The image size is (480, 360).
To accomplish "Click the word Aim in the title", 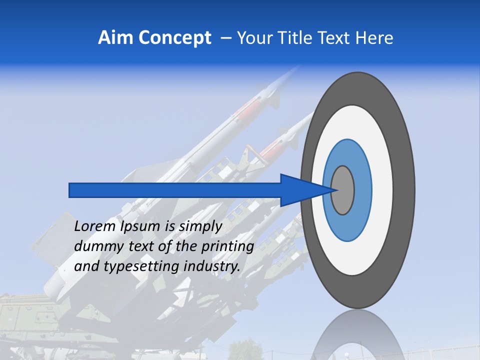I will [114, 37].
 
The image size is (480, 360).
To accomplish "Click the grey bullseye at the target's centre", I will [343, 190].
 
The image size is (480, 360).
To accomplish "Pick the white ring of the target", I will [382, 190].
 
